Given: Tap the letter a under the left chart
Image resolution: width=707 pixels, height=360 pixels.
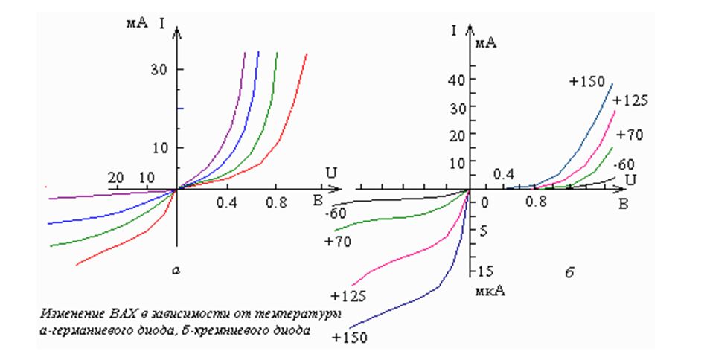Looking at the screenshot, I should [176, 272].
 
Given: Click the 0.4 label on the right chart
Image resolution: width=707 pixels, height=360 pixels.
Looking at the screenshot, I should [504, 174].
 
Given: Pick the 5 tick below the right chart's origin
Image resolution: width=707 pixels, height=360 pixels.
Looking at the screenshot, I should [482, 231].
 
